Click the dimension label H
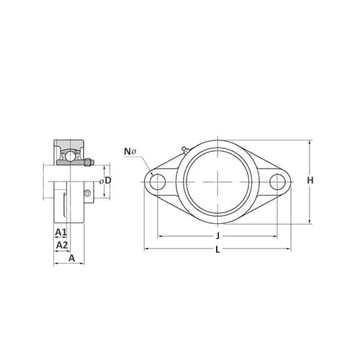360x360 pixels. tap(310, 180)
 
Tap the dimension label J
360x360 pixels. tap(217, 235)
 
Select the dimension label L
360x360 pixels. tap(217, 250)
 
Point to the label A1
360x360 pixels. tap(60, 232)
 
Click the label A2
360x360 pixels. tap(62, 245)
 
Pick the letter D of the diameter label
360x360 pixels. tap(108, 181)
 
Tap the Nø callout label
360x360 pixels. tap(130, 152)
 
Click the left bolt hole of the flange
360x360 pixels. tap(158, 181)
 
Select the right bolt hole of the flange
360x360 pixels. tap(277, 181)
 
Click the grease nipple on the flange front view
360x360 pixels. tap(185, 150)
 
